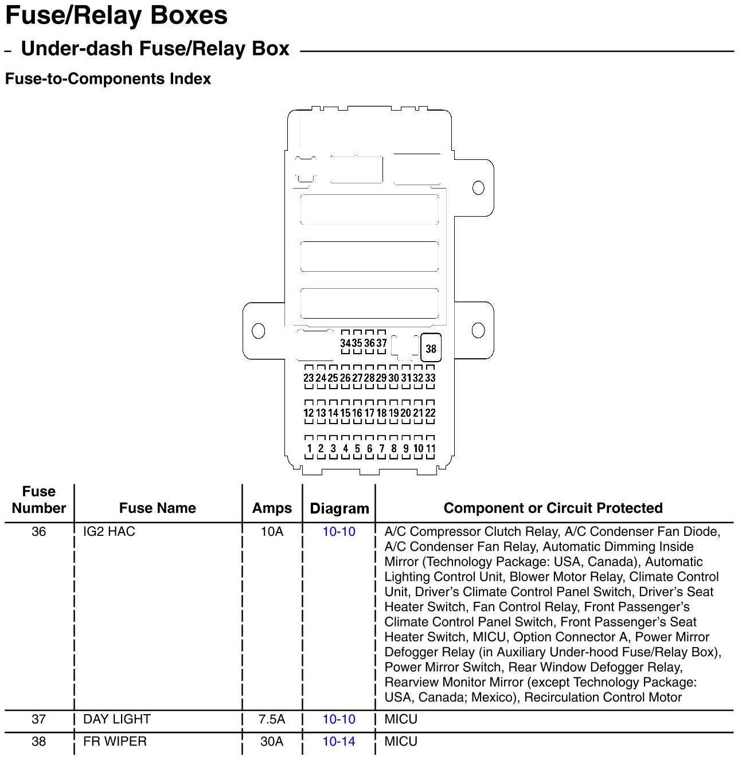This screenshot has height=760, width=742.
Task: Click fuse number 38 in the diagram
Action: [431, 348]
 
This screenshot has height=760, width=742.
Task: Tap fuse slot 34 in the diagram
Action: [345, 343]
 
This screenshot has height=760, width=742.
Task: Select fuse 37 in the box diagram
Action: [381, 343]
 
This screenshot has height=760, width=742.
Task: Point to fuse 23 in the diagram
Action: [308, 378]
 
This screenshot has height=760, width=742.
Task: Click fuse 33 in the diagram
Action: [430, 378]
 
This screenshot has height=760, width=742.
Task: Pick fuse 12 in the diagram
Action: [308, 413]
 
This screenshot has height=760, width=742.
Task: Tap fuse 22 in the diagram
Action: [430, 413]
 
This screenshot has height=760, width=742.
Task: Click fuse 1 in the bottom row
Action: [309, 448]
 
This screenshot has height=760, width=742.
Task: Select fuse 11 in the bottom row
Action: [430, 448]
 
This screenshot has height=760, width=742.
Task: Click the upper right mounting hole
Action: [478, 187]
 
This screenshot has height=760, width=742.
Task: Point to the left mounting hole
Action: [259, 331]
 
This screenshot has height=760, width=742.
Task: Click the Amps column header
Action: [272, 508]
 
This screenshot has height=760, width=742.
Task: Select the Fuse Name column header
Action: [157, 508]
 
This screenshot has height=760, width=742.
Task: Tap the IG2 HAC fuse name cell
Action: [109, 531]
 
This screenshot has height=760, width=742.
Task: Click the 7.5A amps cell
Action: [272, 719]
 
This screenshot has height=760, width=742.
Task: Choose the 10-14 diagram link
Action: [339, 741]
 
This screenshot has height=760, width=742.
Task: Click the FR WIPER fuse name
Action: [115, 741]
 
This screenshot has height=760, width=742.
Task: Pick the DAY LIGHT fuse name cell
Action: [117, 719]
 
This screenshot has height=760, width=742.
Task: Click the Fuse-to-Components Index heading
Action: [108, 79]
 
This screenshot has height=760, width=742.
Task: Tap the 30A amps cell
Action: [272, 741]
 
